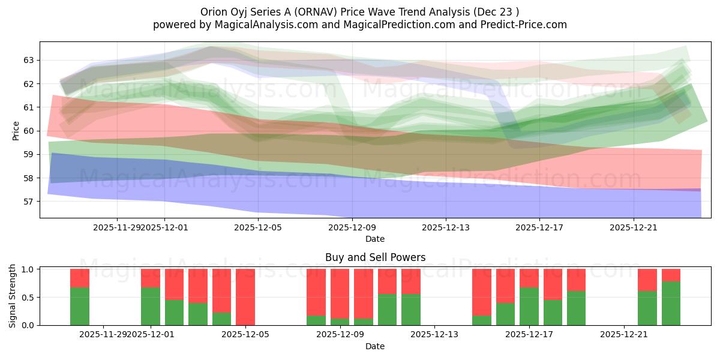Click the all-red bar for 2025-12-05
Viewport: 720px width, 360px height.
tap(245, 297)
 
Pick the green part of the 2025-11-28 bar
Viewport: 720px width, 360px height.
tap(80, 307)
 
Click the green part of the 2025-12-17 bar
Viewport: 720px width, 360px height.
tap(529, 307)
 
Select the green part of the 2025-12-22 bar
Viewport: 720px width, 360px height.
tap(647, 308)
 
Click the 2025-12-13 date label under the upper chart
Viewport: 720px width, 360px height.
tap(446, 227)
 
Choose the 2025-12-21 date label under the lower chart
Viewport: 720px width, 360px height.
tap(624, 335)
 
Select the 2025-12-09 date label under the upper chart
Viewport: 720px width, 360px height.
tap(352, 227)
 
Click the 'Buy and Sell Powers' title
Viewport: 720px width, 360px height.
tap(375, 257)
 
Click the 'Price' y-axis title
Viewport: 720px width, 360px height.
tap(16, 131)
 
